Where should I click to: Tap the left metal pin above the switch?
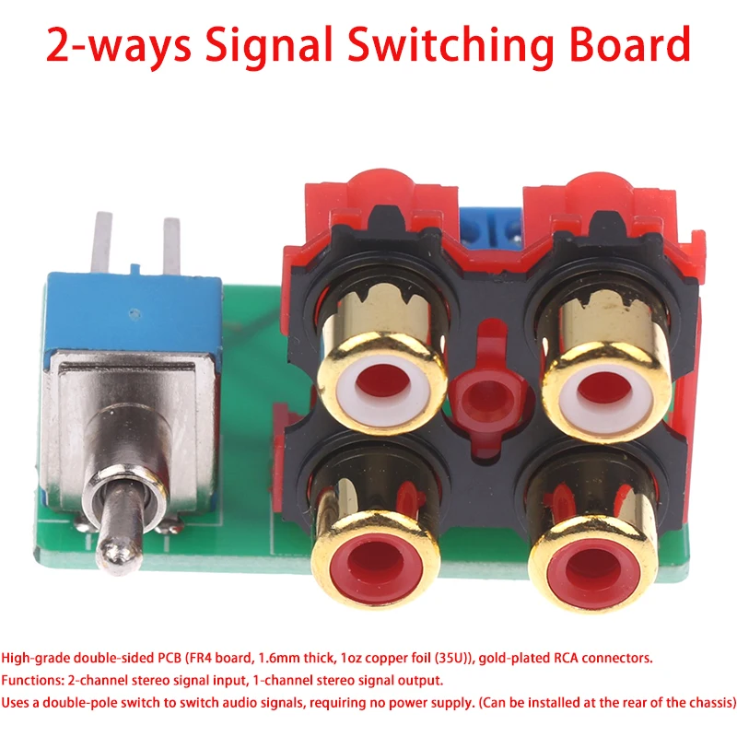[103, 242]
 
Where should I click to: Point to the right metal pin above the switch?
[171, 247]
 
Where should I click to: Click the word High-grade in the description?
[36, 659]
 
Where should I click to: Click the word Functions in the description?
[32, 681]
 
